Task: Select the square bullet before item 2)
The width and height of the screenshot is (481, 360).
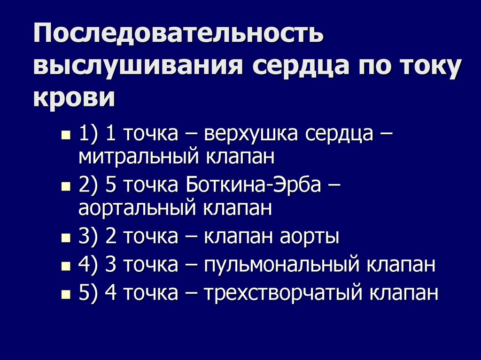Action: click(x=66, y=187)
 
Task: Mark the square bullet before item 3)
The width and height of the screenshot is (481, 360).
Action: click(x=66, y=238)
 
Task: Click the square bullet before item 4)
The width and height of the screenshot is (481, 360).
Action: click(x=66, y=267)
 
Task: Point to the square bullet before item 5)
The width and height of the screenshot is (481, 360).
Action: click(x=66, y=295)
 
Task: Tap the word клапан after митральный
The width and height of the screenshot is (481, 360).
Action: click(x=239, y=157)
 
